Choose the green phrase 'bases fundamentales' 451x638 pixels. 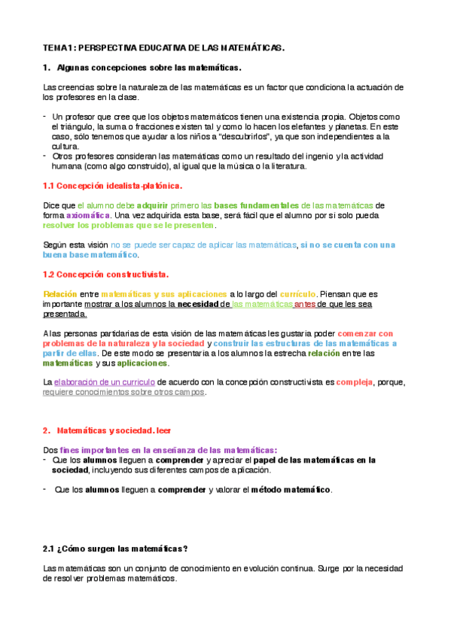click(x=257, y=205)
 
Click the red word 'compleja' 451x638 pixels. click(x=353, y=382)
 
